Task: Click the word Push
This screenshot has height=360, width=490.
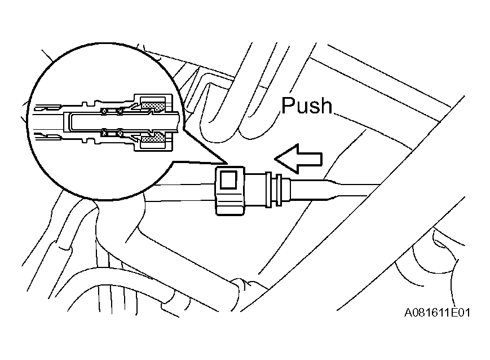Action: click(307, 106)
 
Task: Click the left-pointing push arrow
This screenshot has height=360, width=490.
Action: click(298, 159)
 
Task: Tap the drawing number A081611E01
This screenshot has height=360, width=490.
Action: click(437, 313)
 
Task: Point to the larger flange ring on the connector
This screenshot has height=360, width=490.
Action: click(268, 190)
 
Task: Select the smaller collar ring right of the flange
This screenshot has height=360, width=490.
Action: click(279, 190)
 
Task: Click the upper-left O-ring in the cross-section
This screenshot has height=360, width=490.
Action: click(105, 111)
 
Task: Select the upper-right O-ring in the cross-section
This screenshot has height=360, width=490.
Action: click(120, 111)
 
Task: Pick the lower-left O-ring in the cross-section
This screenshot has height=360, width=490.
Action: click(105, 133)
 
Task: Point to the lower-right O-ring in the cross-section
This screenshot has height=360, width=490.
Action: click(120, 133)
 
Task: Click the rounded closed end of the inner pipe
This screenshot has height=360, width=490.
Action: click(69, 122)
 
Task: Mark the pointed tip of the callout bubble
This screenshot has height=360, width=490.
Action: click(227, 163)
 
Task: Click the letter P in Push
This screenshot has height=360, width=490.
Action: click(288, 106)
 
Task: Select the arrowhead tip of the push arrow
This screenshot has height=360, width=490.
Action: click(275, 159)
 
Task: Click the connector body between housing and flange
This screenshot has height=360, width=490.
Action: click(255, 190)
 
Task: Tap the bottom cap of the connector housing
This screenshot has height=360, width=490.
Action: click(229, 208)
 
